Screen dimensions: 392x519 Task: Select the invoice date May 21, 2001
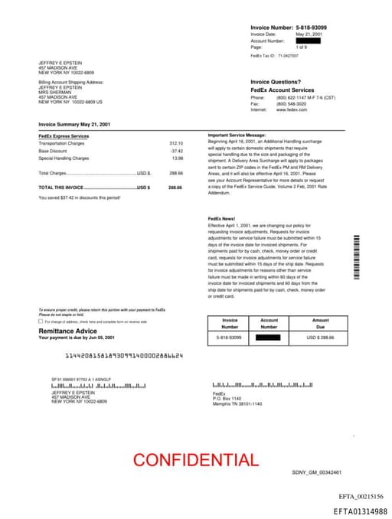[x=309, y=34]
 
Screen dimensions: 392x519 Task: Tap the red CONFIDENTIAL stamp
[x=195, y=460]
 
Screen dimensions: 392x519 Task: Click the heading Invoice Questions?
[x=276, y=82]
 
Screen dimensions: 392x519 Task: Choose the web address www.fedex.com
[x=292, y=109]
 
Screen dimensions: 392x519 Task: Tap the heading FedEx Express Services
[x=64, y=135]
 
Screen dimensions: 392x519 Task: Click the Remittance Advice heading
[x=67, y=331]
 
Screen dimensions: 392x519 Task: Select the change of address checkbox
[x=41, y=322]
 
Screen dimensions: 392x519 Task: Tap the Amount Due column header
[x=320, y=323]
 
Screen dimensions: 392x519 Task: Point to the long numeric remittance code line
[x=124, y=356]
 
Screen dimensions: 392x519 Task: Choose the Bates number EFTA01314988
[x=360, y=511]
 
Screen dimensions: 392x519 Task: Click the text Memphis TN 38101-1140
[x=237, y=403]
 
